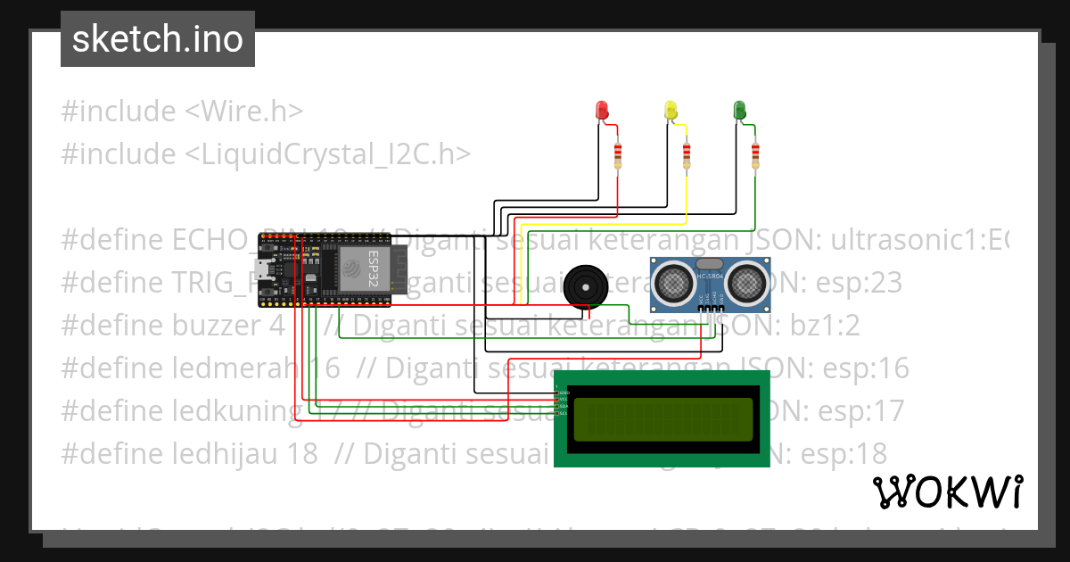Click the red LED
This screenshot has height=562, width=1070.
tap(602, 110)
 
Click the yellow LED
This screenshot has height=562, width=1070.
tap(671, 110)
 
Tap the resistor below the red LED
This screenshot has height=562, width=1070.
tap(618, 157)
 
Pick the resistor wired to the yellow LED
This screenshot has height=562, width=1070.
tap(687, 157)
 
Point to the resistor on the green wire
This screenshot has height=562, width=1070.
tap(755, 156)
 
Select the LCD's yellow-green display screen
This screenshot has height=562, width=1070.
tap(663, 419)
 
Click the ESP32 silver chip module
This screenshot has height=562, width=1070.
tap(360, 268)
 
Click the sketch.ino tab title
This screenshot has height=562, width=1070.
tap(158, 39)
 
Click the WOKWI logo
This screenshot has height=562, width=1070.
tap(947, 492)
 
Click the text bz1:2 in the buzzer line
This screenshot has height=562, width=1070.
tap(825, 326)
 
